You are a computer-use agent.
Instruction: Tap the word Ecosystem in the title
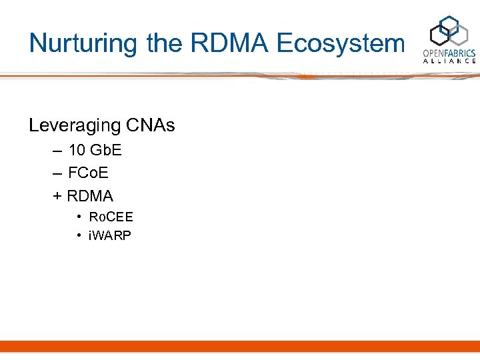[x=340, y=44]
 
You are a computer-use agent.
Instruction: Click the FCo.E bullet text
[x=89, y=173]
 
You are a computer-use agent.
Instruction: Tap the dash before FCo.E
[x=57, y=174]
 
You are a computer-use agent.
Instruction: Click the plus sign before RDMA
[x=57, y=197]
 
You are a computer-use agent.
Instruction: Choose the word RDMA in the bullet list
[x=91, y=196]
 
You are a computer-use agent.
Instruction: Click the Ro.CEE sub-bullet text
[x=111, y=217]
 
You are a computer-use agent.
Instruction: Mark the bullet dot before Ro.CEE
[x=79, y=217]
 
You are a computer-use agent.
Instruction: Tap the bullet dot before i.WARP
[x=79, y=235]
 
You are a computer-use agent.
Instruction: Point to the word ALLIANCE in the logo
[x=450, y=61]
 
